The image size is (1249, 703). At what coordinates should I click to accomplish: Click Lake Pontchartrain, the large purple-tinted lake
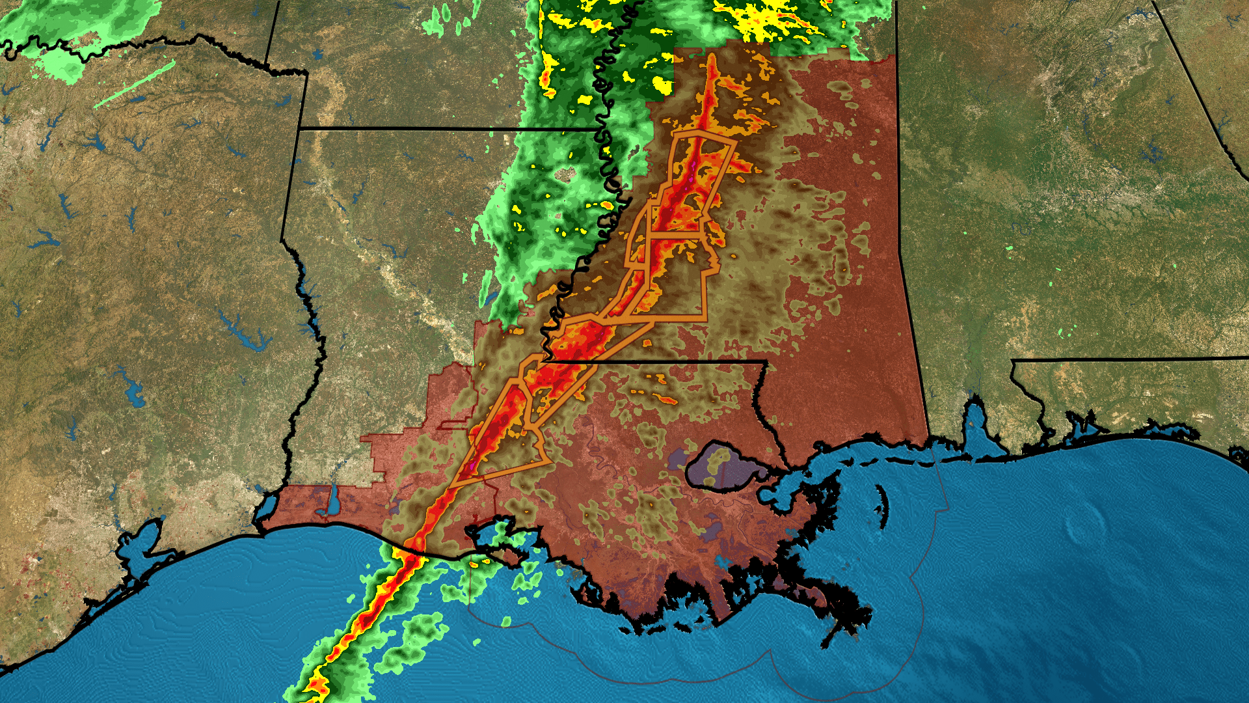point(722,465)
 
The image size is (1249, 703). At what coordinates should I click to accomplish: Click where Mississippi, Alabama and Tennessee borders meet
point(897,56)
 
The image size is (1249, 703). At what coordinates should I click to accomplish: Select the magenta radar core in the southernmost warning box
point(472,466)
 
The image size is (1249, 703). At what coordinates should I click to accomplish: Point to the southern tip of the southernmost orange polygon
point(451,486)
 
